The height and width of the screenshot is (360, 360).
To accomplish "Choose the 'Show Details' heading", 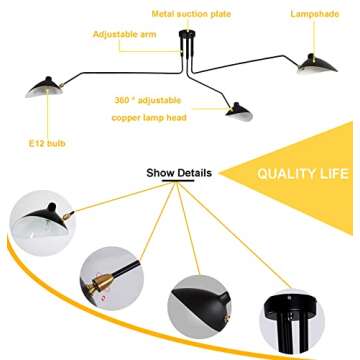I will (179, 172).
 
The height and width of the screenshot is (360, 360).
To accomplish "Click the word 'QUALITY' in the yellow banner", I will (285, 172).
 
